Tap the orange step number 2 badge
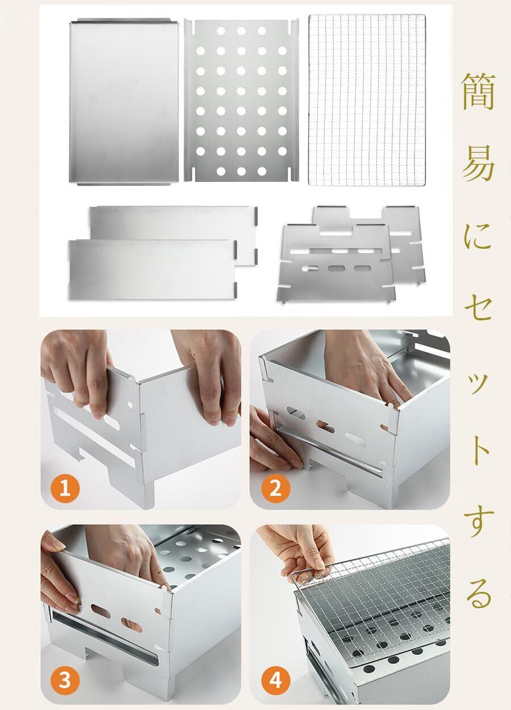(275, 488)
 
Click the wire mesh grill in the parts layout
(367, 99)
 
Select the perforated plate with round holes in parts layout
(241, 101)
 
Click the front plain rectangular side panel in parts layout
(153, 269)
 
